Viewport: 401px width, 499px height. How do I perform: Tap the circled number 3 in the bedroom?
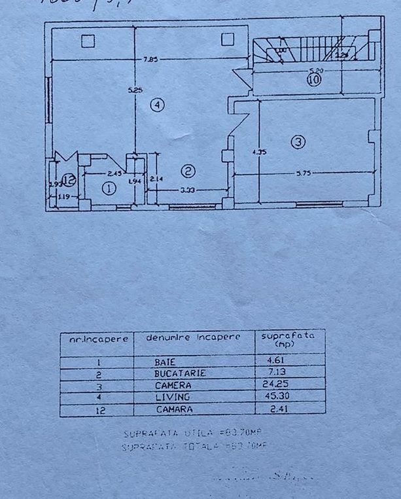[x=298, y=141]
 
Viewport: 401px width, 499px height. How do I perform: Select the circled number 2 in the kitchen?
[x=188, y=172]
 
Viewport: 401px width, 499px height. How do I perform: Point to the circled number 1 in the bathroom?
[x=109, y=188]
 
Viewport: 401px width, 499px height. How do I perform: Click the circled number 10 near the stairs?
[x=313, y=80]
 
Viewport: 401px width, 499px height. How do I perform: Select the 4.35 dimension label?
[x=260, y=152]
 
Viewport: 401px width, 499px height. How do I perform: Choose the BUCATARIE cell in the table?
[x=181, y=373]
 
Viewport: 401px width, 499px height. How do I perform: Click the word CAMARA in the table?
[x=173, y=409]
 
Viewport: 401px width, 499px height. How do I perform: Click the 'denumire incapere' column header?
[x=193, y=337]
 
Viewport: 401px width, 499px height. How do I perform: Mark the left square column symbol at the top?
[x=88, y=41]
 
